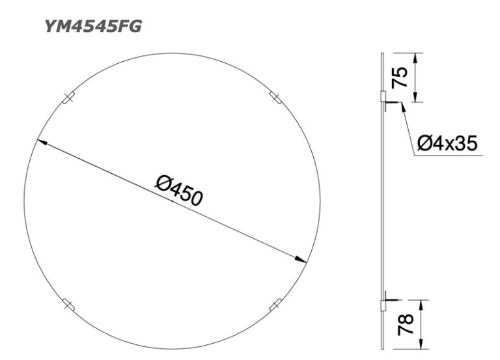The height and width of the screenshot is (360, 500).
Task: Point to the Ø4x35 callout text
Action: [x=447, y=143]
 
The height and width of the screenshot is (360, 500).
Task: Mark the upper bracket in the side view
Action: [x=383, y=97]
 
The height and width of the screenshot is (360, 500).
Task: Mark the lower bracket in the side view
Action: [x=383, y=303]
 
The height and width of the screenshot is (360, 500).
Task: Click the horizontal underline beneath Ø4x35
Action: [x=449, y=155]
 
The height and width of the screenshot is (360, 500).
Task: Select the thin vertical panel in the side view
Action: [x=380, y=195]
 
